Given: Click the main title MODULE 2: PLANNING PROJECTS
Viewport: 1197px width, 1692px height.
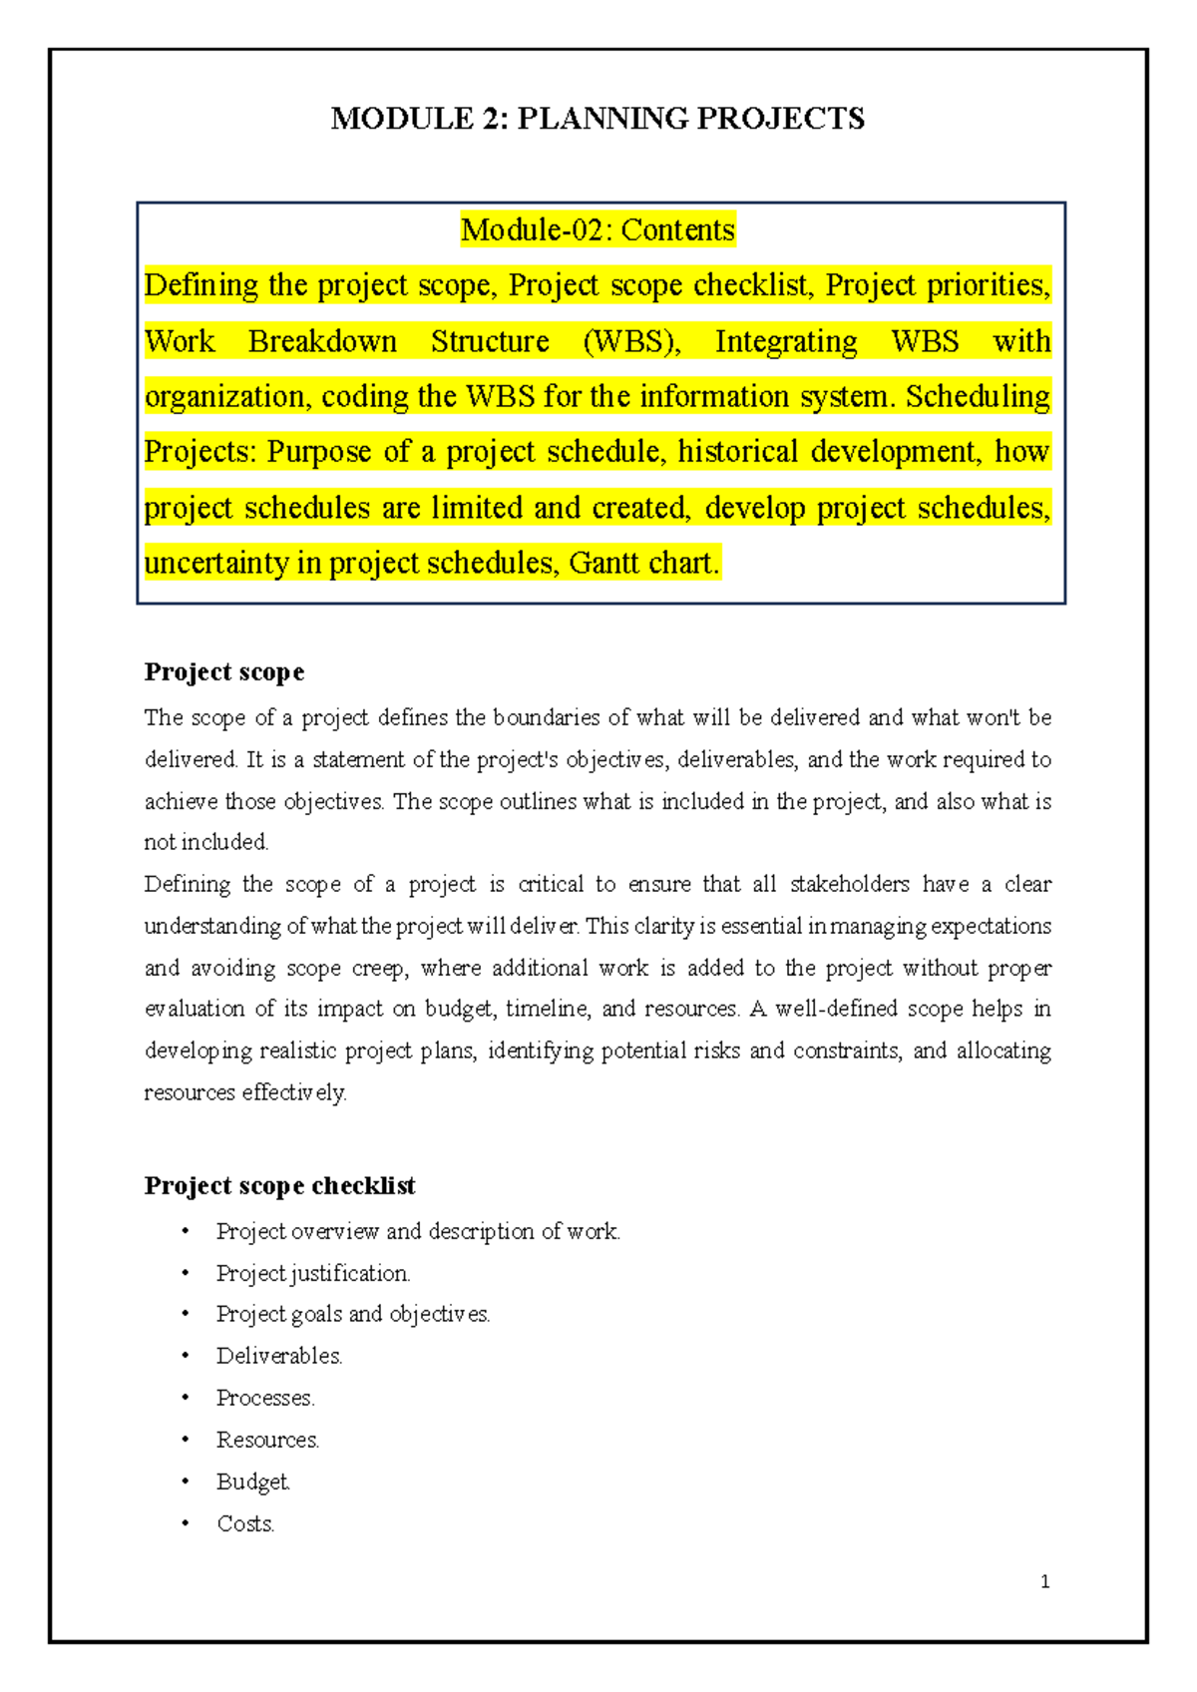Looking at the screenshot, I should [x=598, y=119].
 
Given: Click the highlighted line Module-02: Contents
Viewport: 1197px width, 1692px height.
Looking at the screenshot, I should [x=598, y=230].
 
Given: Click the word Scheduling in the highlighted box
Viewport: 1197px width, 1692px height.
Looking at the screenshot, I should [x=978, y=397].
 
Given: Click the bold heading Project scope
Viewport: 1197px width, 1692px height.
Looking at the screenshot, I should [x=223, y=672].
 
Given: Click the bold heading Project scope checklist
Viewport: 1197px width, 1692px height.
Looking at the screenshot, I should [x=279, y=1185].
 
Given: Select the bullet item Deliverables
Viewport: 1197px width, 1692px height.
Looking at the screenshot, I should [x=279, y=1356].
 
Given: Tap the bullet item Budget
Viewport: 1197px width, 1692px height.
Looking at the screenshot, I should [x=253, y=1481].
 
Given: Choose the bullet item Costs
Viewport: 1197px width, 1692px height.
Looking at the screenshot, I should [x=245, y=1523].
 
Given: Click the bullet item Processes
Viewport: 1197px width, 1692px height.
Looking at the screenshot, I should [x=265, y=1398].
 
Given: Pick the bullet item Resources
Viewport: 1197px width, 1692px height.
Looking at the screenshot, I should [x=267, y=1440].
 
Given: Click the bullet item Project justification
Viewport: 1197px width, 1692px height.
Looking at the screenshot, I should [x=313, y=1273].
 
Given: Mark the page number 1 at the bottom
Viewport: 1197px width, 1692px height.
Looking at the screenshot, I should [x=1044, y=1581].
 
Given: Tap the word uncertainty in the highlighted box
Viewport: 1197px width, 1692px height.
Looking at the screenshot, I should [x=216, y=564].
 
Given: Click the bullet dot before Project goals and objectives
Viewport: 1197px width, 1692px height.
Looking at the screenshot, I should [x=185, y=1315].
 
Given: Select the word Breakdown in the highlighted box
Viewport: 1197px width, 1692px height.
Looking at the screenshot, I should [x=322, y=341].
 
